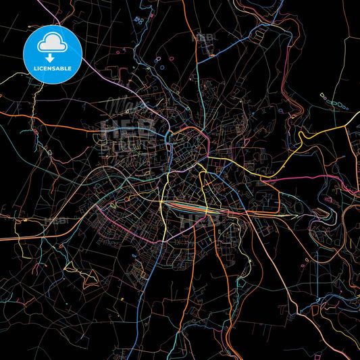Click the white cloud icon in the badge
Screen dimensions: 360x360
click(x=52, y=43)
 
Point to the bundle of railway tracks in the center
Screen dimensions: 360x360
click(x=203, y=207)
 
